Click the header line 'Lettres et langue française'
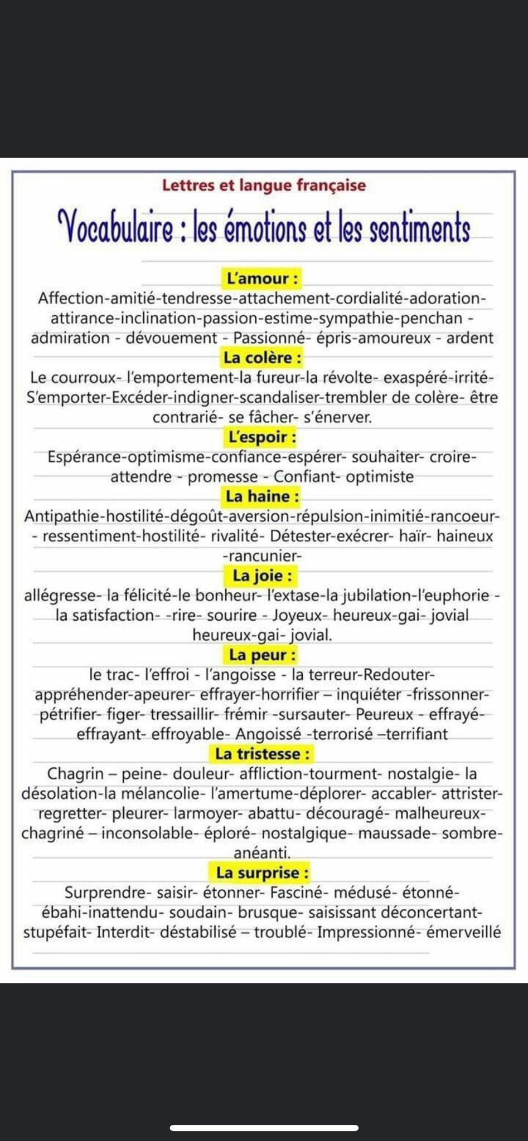point(264,185)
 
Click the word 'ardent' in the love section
point(469,338)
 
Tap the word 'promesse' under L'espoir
point(222,477)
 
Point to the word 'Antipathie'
point(62,516)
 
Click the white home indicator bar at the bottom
point(264,1128)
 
